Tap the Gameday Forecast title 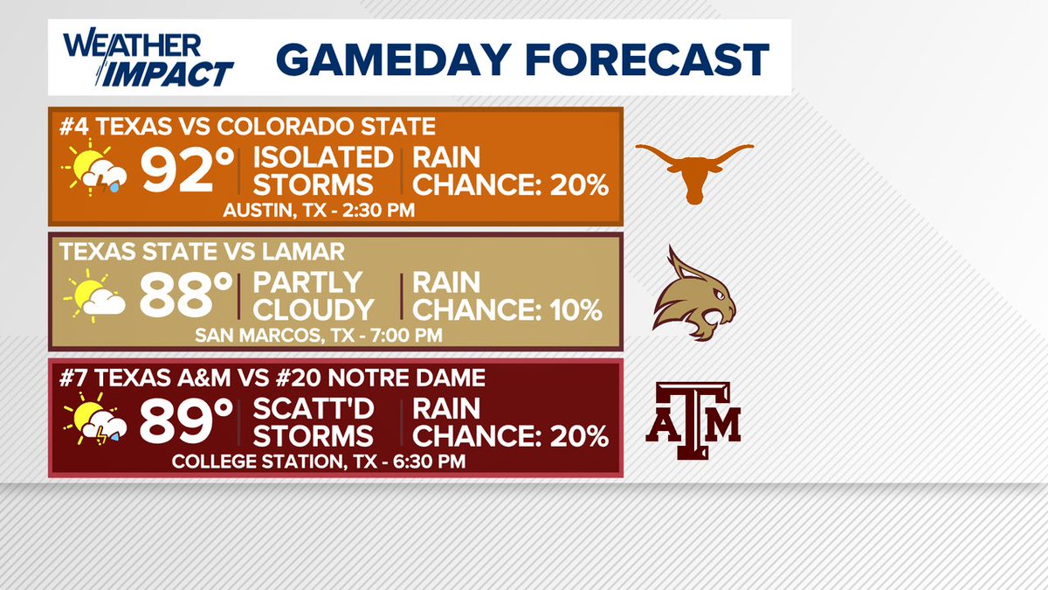click(x=522, y=59)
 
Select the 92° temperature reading click(x=178, y=171)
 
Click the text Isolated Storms click(x=322, y=171)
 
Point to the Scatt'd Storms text click(x=315, y=422)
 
